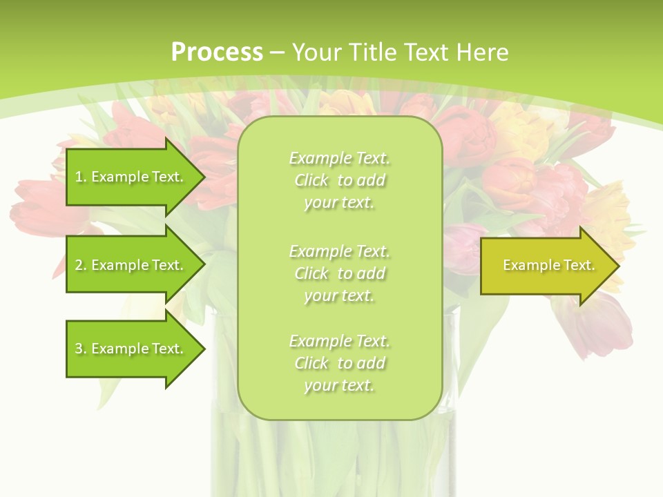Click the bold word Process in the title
217,52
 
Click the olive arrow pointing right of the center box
546,266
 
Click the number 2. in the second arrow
80,265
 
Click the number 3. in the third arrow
80,349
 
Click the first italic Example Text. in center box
339,158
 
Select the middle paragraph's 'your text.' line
339,295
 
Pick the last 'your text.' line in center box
339,385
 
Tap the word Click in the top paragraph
311,180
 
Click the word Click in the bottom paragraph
311,363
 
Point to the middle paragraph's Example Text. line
339,251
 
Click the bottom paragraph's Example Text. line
339,341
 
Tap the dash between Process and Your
278,52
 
